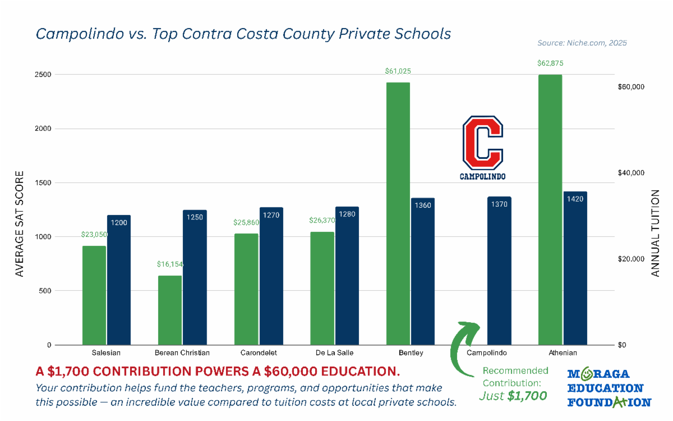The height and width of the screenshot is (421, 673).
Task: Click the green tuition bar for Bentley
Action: pyautogui.click(x=398, y=213)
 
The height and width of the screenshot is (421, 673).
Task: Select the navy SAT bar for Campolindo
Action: pyautogui.click(x=499, y=271)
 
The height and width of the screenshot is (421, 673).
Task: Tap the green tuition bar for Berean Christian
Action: pyautogui.click(x=170, y=310)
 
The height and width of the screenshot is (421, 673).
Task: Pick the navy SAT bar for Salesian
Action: pyautogui.click(x=119, y=280)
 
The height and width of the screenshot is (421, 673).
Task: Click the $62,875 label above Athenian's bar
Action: pyautogui.click(x=550, y=63)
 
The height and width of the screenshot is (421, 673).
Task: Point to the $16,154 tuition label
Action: pyautogui.click(x=170, y=264)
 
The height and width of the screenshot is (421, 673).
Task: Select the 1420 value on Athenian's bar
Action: pyautogui.click(x=575, y=199)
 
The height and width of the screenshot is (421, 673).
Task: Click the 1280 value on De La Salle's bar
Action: pyautogui.click(x=347, y=214)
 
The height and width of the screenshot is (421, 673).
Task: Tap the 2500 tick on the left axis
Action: pyautogui.click(x=43, y=75)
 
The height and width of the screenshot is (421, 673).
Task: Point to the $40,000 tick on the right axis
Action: pyautogui.click(x=631, y=173)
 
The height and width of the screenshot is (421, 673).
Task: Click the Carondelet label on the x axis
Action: pyautogui.click(x=259, y=353)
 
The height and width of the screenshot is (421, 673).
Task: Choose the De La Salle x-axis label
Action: pyautogui.click(x=334, y=353)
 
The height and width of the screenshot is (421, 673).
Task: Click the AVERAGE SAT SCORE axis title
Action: pyautogui.click(x=19, y=224)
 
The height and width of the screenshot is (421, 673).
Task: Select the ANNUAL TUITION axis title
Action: pyautogui.click(x=655, y=233)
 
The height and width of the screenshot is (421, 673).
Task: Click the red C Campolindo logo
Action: pyautogui.click(x=483, y=148)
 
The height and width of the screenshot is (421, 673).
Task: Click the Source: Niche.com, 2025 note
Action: pyautogui.click(x=582, y=43)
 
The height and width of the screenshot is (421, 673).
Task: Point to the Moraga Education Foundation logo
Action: pyautogui.click(x=609, y=388)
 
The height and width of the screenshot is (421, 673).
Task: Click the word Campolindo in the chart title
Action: pyautogui.click(x=80, y=34)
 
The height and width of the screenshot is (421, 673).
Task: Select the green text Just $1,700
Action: pyautogui.click(x=513, y=396)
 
